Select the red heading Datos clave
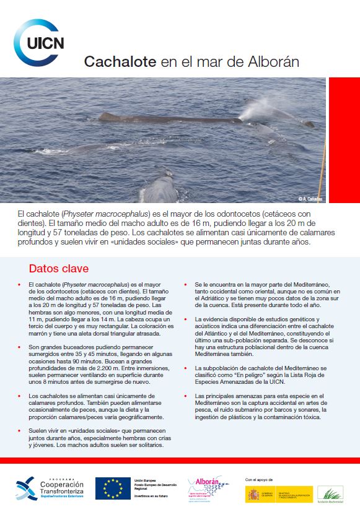[59, 269]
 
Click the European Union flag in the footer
[113, 488]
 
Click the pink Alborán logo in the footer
[204, 487]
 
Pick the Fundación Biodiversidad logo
[330, 493]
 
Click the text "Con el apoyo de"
[258, 479]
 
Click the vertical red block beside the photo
[344, 139]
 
